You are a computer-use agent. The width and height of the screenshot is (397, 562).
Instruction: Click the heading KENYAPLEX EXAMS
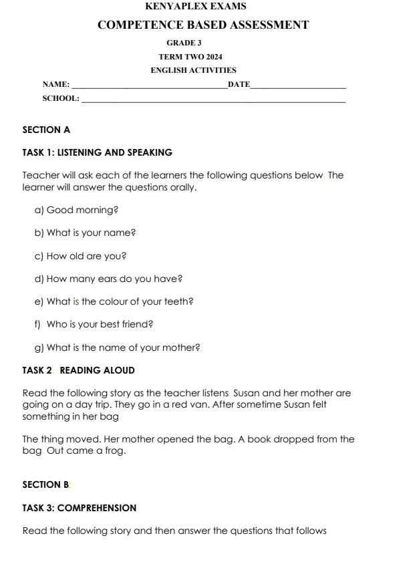point(195,7)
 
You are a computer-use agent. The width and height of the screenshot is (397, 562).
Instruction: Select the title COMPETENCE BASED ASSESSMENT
point(203,25)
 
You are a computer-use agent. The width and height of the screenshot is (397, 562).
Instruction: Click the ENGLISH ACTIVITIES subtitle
point(193,70)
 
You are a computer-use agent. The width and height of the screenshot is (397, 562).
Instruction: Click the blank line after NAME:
point(149,86)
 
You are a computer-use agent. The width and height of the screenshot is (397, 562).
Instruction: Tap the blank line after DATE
point(298,86)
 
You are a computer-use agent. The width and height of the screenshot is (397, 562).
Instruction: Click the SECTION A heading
point(46,130)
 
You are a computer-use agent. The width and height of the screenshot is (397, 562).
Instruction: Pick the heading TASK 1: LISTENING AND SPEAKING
point(98,152)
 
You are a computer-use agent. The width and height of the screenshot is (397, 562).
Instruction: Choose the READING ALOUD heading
point(98,370)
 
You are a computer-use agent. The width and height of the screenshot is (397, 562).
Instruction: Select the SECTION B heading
point(45,485)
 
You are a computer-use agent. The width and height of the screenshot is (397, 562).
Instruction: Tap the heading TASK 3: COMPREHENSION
point(80,508)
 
